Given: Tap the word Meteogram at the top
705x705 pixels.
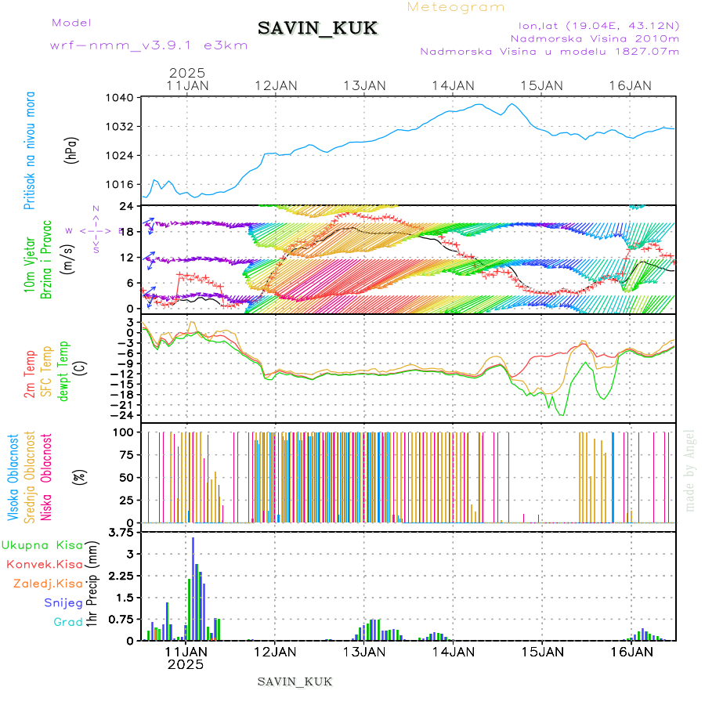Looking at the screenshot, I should pyautogui.click(x=456, y=7).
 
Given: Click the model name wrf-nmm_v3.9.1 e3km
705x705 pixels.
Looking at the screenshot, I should pyautogui.click(x=149, y=45).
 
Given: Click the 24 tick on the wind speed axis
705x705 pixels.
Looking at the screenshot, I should pyautogui.click(x=128, y=206).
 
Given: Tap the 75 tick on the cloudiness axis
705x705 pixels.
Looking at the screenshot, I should pyautogui.click(x=125, y=454).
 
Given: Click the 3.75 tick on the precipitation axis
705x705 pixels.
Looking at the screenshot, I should pyautogui.click(x=123, y=533).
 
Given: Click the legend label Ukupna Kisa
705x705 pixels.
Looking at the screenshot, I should pyautogui.click(x=42, y=544).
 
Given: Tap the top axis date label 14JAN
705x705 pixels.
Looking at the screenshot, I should pyautogui.click(x=453, y=85).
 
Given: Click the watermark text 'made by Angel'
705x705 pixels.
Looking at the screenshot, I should pyautogui.click(x=689, y=470).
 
